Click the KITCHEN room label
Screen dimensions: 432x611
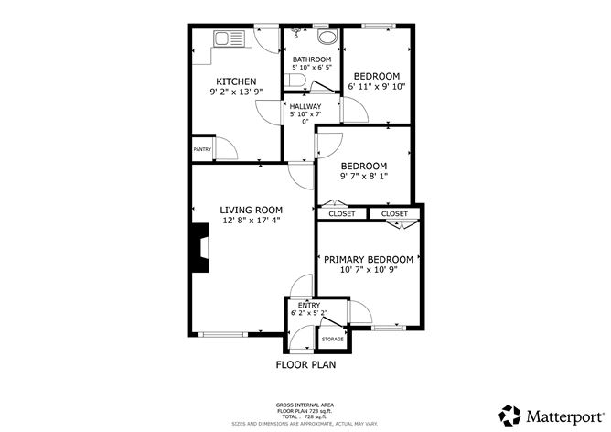point(235,81)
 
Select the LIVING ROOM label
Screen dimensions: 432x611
point(251,210)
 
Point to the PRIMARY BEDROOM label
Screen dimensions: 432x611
point(369,260)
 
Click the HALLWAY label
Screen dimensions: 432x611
point(305,107)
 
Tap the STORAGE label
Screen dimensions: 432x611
point(333,340)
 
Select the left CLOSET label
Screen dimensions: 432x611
point(342,214)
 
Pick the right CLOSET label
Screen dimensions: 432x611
point(394,214)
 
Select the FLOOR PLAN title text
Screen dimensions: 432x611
point(305,364)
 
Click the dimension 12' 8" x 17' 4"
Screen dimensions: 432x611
point(251,221)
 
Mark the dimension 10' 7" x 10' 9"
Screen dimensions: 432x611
point(369,271)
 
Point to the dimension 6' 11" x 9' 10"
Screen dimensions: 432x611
point(377,87)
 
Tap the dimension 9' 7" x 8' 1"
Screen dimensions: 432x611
point(363,178)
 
